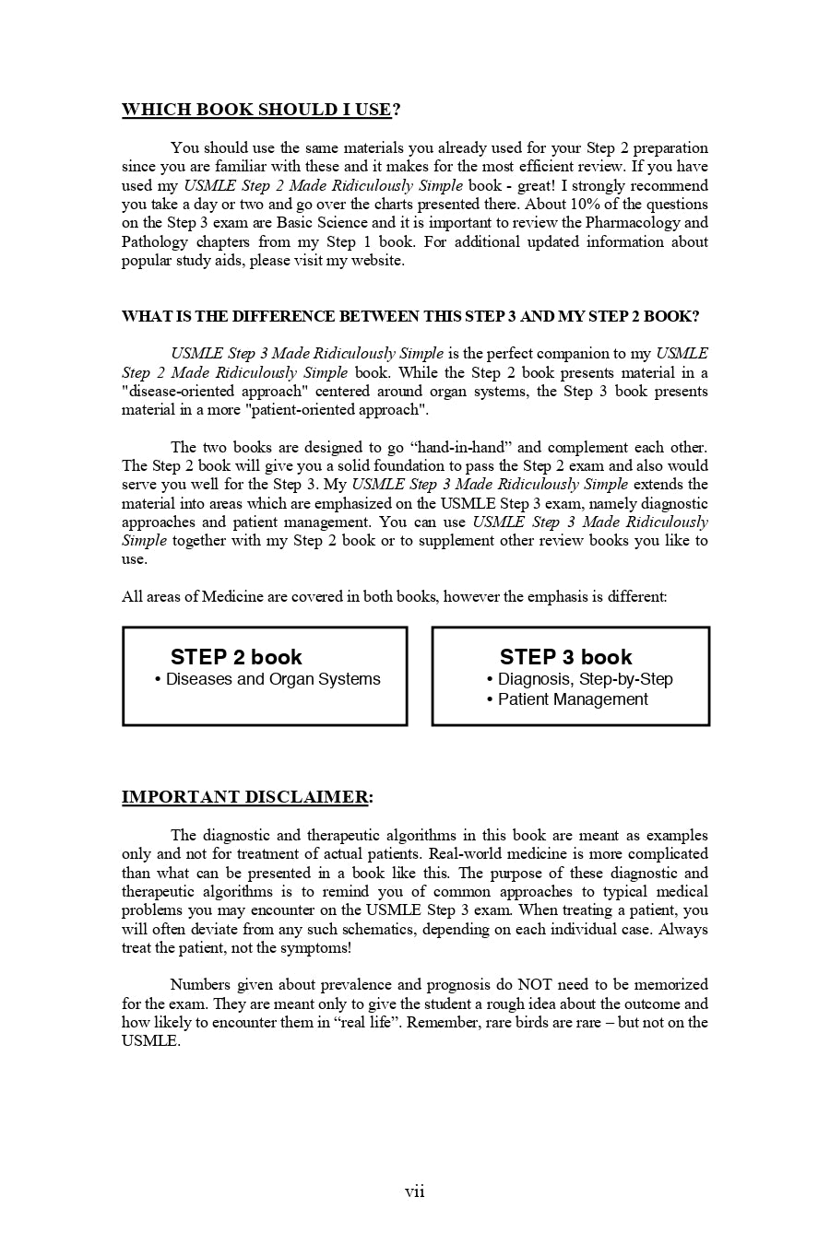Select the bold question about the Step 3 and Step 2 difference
[410, 316]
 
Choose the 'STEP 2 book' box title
[236, 657]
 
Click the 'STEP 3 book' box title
[565, 657]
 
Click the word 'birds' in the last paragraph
[551, 1022]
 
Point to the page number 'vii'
[415, 1191]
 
